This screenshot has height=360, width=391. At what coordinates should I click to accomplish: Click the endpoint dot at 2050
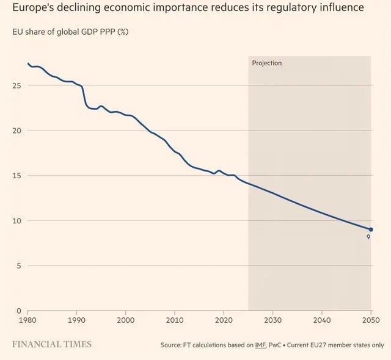(x=371, y=229)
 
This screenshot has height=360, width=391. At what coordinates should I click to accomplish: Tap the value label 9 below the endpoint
(x=368, y=237)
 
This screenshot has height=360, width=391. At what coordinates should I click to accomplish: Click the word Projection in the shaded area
(x=267, y=63)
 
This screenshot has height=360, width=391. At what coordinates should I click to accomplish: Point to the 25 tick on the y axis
(x=16, y=85)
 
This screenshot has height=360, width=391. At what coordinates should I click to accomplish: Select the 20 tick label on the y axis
(x=16, y=131)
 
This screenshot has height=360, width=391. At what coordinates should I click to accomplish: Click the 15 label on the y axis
(x=16, y=176)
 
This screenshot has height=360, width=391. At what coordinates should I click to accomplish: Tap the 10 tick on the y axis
(x=16, y=221)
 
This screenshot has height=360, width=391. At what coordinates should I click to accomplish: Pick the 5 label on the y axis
(x=19, y=265)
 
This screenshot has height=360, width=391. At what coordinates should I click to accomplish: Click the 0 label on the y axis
(x=19, y=311)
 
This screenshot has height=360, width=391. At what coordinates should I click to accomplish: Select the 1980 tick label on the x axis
(x=27, y=320)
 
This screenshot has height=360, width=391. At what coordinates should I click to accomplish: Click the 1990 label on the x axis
(x=76, y=320)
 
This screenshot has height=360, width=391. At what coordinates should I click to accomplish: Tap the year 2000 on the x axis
(x=126, y=320)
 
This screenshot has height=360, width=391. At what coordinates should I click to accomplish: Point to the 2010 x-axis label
(x=175, y=320)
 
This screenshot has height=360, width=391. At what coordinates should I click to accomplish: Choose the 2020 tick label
(x=224, y=320)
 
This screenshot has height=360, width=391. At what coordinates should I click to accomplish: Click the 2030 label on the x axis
(x=273, y=320)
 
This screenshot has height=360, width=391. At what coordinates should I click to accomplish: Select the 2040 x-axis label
(x=322, y=320)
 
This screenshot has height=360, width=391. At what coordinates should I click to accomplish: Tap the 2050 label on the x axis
(x=371, y=320)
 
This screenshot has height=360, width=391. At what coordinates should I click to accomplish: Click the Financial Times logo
(x=52, y=344)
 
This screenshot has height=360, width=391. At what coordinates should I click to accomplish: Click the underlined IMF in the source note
(x=260, y=345)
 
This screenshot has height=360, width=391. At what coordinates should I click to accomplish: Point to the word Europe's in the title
(x=32, y=7)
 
